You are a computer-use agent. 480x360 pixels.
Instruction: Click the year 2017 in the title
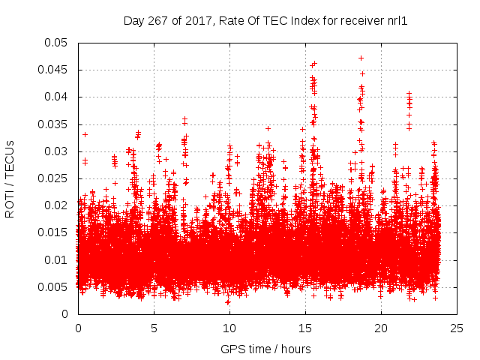(199, 22)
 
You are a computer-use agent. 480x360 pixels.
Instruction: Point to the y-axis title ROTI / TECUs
(10, 178)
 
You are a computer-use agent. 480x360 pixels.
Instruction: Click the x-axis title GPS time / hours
(265, 349)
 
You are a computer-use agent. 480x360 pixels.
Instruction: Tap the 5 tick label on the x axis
(154, 328)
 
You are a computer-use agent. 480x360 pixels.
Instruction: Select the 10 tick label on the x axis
(229, 328)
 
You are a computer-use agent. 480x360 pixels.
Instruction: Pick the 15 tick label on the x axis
(305, 328)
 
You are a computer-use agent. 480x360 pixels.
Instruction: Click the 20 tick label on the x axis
(381, 328)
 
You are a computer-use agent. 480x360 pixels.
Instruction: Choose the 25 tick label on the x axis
(457, 328)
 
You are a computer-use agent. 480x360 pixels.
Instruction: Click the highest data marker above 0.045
(361, 58)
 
